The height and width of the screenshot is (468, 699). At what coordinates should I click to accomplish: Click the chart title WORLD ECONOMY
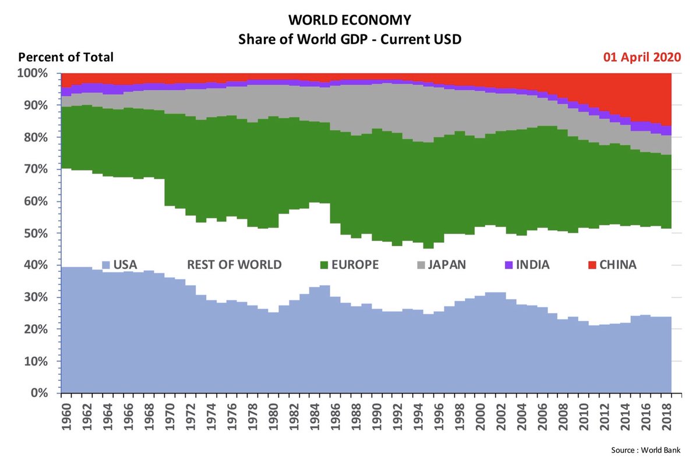click(x=349, y=20)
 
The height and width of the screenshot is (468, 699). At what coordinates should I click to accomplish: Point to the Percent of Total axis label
click(x=66, y=58)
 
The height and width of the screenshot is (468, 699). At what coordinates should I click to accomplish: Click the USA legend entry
click(x=120, y=265)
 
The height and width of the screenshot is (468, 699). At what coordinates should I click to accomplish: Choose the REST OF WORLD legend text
click(x=234, y=265)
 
